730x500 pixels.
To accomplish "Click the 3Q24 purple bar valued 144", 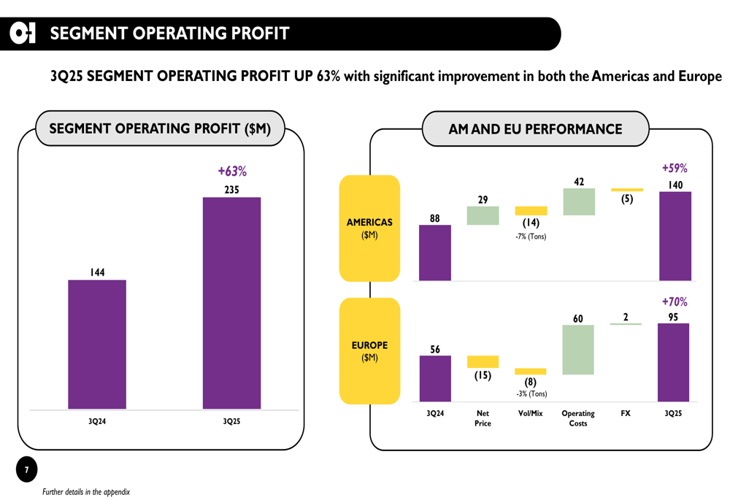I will (97, 344).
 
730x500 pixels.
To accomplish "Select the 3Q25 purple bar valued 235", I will (231, 302).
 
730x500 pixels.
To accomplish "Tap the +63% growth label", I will (232, 172).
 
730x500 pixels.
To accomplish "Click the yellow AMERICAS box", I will (369, 228).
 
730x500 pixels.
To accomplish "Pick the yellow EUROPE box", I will (369, 351).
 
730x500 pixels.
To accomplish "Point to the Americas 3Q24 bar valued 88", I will (435, 253).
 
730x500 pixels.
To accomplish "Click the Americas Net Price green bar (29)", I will (483, 215).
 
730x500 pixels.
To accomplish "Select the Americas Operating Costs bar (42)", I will (579, 202).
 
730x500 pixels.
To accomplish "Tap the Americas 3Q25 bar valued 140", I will (675, 236).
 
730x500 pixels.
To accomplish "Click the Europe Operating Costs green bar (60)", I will (578, 350).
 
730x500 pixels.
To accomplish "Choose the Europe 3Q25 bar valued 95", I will (673, 362).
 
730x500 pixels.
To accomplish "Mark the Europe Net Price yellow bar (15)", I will (483, 361).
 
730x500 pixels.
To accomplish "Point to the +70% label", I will (674, 301).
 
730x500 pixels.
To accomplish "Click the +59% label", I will (675, 167).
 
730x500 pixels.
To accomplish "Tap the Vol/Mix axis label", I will (531, 413).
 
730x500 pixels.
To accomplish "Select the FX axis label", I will (626, 413).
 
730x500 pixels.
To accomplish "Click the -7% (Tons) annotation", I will (531, 236).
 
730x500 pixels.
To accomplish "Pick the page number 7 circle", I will (26, 470).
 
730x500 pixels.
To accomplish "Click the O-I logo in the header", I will (23, 34).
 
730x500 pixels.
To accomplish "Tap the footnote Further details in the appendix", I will (85, 492).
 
